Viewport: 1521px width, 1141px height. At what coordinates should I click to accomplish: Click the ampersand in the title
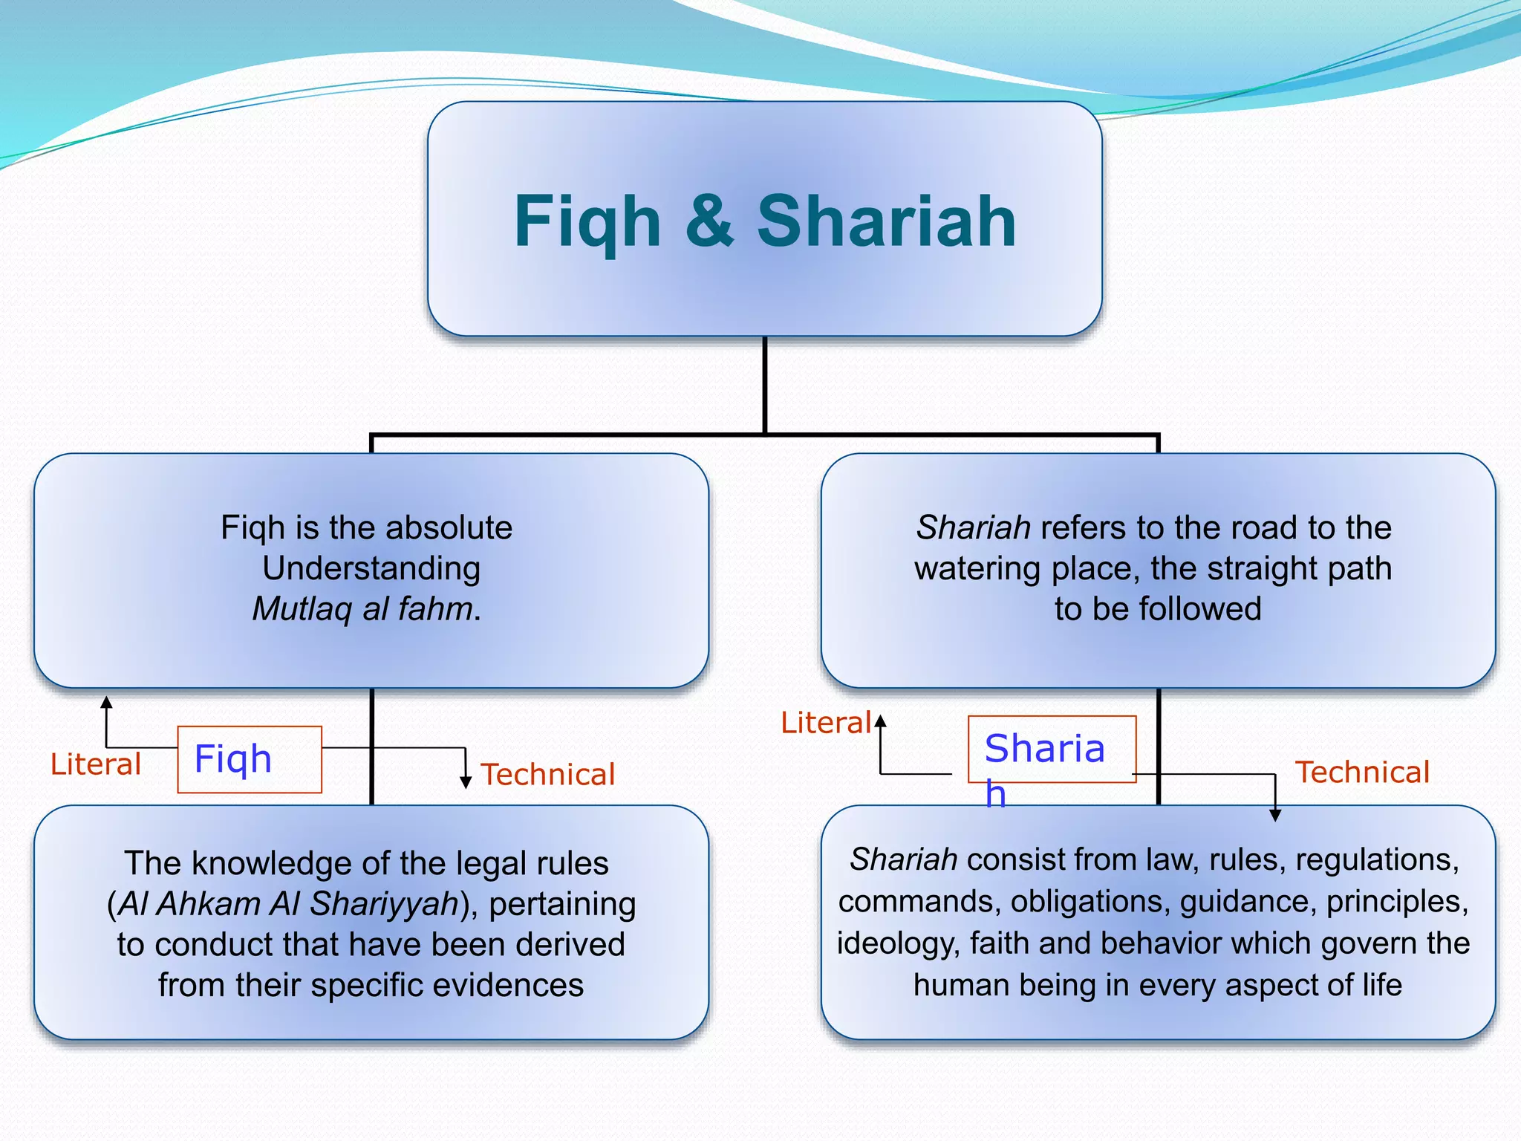(x=709, y=221)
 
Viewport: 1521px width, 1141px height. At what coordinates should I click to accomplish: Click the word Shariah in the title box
(x=886, y=221)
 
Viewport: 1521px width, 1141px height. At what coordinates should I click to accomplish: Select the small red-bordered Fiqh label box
(x=250, y=759)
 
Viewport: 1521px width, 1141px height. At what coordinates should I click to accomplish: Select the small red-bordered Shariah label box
(x=1052, y=749)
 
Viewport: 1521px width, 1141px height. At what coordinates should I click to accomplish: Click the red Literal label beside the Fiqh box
(x=95, y=764)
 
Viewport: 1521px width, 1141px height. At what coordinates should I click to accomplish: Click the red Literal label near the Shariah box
(x=825, y=723)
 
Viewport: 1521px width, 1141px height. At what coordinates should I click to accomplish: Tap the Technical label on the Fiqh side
(x=548, y=774)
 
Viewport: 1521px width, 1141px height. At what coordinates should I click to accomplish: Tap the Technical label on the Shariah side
(x=1362, y=772)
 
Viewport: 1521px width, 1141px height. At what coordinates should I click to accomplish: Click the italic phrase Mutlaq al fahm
(x=367, y=609)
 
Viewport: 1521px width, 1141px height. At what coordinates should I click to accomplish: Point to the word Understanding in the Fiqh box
(x=371, y=568)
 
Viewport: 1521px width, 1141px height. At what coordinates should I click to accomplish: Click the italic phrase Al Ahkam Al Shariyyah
(x=289, y=904)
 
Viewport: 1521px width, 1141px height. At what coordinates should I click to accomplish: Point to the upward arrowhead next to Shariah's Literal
(x=880, y=720)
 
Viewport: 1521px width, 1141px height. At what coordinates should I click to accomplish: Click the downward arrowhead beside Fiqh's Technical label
(x=466, y=781)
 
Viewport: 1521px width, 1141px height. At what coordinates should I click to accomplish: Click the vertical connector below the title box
(x=765, y=385)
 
